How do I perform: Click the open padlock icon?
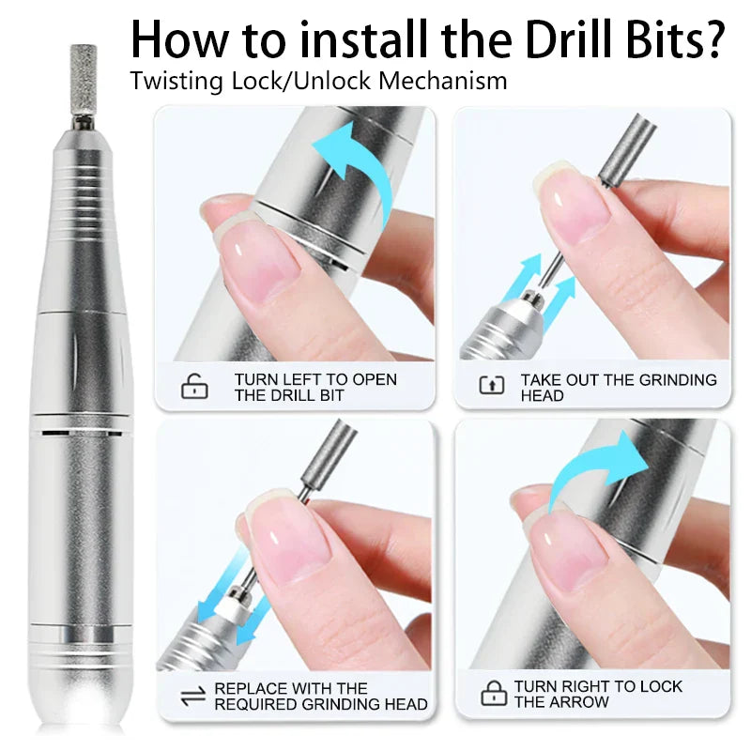click(194, 387)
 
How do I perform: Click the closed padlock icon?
click(493, 694)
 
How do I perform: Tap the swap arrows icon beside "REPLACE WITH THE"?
click(193, 696)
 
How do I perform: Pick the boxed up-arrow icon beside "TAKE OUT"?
click(492, 384)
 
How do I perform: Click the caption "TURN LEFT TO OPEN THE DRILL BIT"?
click(315, 387)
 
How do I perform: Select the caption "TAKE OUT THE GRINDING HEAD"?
click(618, 387)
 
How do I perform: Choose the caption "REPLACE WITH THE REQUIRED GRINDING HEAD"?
click(321, 696)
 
